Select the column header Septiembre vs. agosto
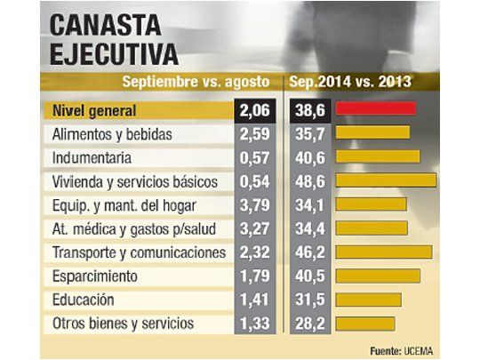[x=196, y=83]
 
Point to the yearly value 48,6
[x=308, y=181]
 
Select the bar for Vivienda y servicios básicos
[x=387, y=181]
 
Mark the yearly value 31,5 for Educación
[x=308, y=300]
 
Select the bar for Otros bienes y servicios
[x=364, y=324]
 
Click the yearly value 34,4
[x=308, y=228]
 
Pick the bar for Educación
[x=367, y=300]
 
